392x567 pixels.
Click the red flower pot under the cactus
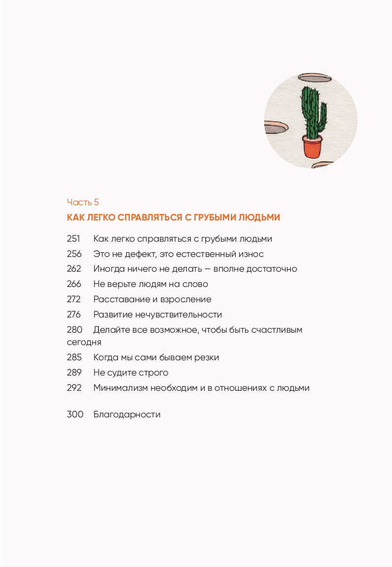pos(312,147)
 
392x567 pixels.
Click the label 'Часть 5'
pos(83,202)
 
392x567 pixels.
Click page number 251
pos(73,239)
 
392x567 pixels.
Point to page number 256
pos(73,254)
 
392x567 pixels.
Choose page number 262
pos(73,269)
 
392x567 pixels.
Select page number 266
pos(73,284)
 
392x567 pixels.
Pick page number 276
pos(73,315)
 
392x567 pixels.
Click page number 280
pos(73,330)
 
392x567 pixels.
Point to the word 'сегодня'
pos(84,342)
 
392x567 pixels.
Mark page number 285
pos(73,357)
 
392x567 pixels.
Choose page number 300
pos(73,414)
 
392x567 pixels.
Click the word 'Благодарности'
pos(127,414)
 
